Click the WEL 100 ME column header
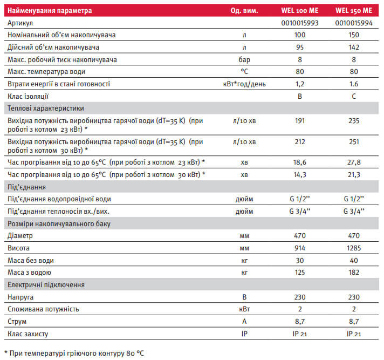click(x=300, y=10)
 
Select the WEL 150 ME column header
click(x=353, y=10)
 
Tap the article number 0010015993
click(x=300, y=23)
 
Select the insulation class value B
click(x=300, y=96)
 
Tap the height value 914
click(x=300, y=248)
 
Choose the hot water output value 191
click(x=300, y=121)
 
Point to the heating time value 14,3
click(x=300, y=174)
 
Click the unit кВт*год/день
click(x=244, y=84)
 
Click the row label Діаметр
click(x=20, y=236)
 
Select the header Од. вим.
click(x=244, y=10)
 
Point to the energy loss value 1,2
click(x=300, y=84)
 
